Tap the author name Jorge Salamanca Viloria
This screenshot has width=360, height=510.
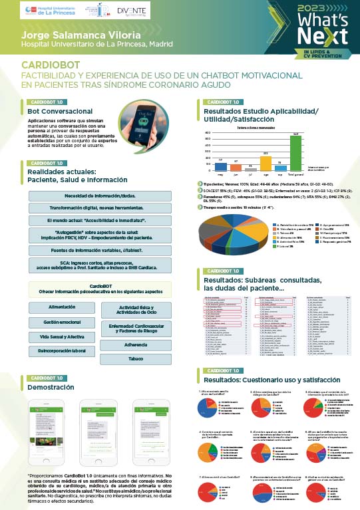[x=75, y=34]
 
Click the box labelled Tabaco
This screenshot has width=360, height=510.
[x=136, y=359]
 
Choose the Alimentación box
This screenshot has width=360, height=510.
[x=61, y=308]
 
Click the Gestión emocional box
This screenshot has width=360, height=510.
[x=61, y=322]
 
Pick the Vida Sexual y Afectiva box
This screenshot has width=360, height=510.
[x=61, y=336]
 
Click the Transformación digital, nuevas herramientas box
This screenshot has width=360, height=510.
[x=100, y=206]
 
